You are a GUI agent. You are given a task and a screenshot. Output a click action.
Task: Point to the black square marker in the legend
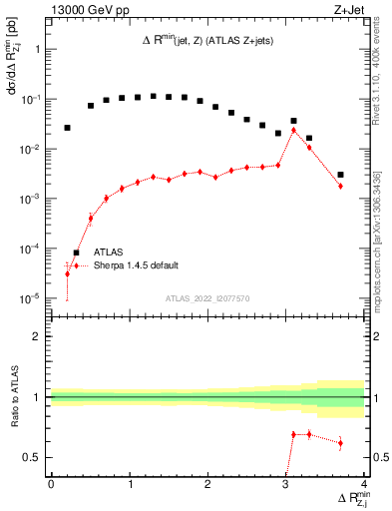coord(76,253)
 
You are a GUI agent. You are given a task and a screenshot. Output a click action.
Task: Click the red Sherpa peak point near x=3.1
coord(293,129)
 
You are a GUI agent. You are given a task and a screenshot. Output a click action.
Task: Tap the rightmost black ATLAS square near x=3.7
coord(341,175)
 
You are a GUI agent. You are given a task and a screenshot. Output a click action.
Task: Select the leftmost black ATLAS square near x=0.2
coord(68,128)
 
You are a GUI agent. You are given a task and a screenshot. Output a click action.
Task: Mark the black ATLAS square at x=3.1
coord(293,121)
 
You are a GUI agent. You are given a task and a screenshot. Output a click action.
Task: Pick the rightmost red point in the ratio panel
coord(341,442)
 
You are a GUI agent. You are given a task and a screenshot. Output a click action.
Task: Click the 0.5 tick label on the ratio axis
coord(32,458)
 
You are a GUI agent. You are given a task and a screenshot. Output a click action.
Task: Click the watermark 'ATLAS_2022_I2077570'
coord(207,298)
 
